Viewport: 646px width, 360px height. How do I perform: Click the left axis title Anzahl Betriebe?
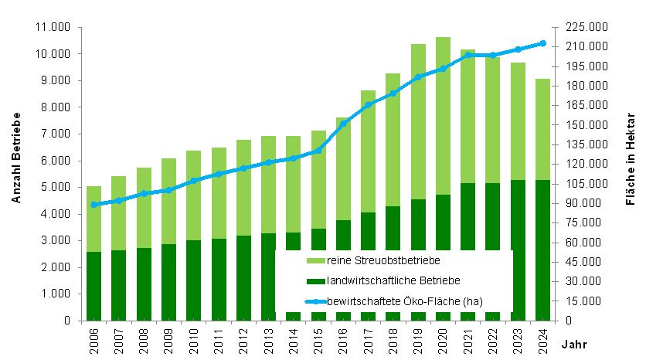tap(15, 158)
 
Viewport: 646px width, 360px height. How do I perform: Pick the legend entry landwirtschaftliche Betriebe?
tap(382, 280)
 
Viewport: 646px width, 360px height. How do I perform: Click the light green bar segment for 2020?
tap(443, 116)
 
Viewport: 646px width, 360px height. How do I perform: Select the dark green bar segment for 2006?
tap(93, 286)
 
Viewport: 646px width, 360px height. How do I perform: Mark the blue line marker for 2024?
tap(542, 43)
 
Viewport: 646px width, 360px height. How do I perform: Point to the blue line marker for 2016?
tap(343, 124)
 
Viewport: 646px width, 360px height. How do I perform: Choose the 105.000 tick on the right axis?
tap(588, 183)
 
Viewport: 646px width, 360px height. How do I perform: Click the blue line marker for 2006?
tap(93, 205)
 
